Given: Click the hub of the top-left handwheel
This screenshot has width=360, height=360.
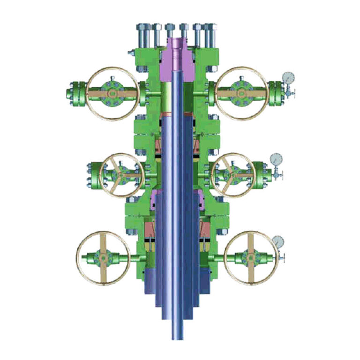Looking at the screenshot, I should pyautogui.click(x=112, y=93).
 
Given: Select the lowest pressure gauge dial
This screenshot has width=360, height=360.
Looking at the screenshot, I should pyautogui.click(x=278, y=241).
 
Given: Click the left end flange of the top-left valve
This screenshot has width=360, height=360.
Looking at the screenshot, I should pyautogui.click(x=74, y=93).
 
